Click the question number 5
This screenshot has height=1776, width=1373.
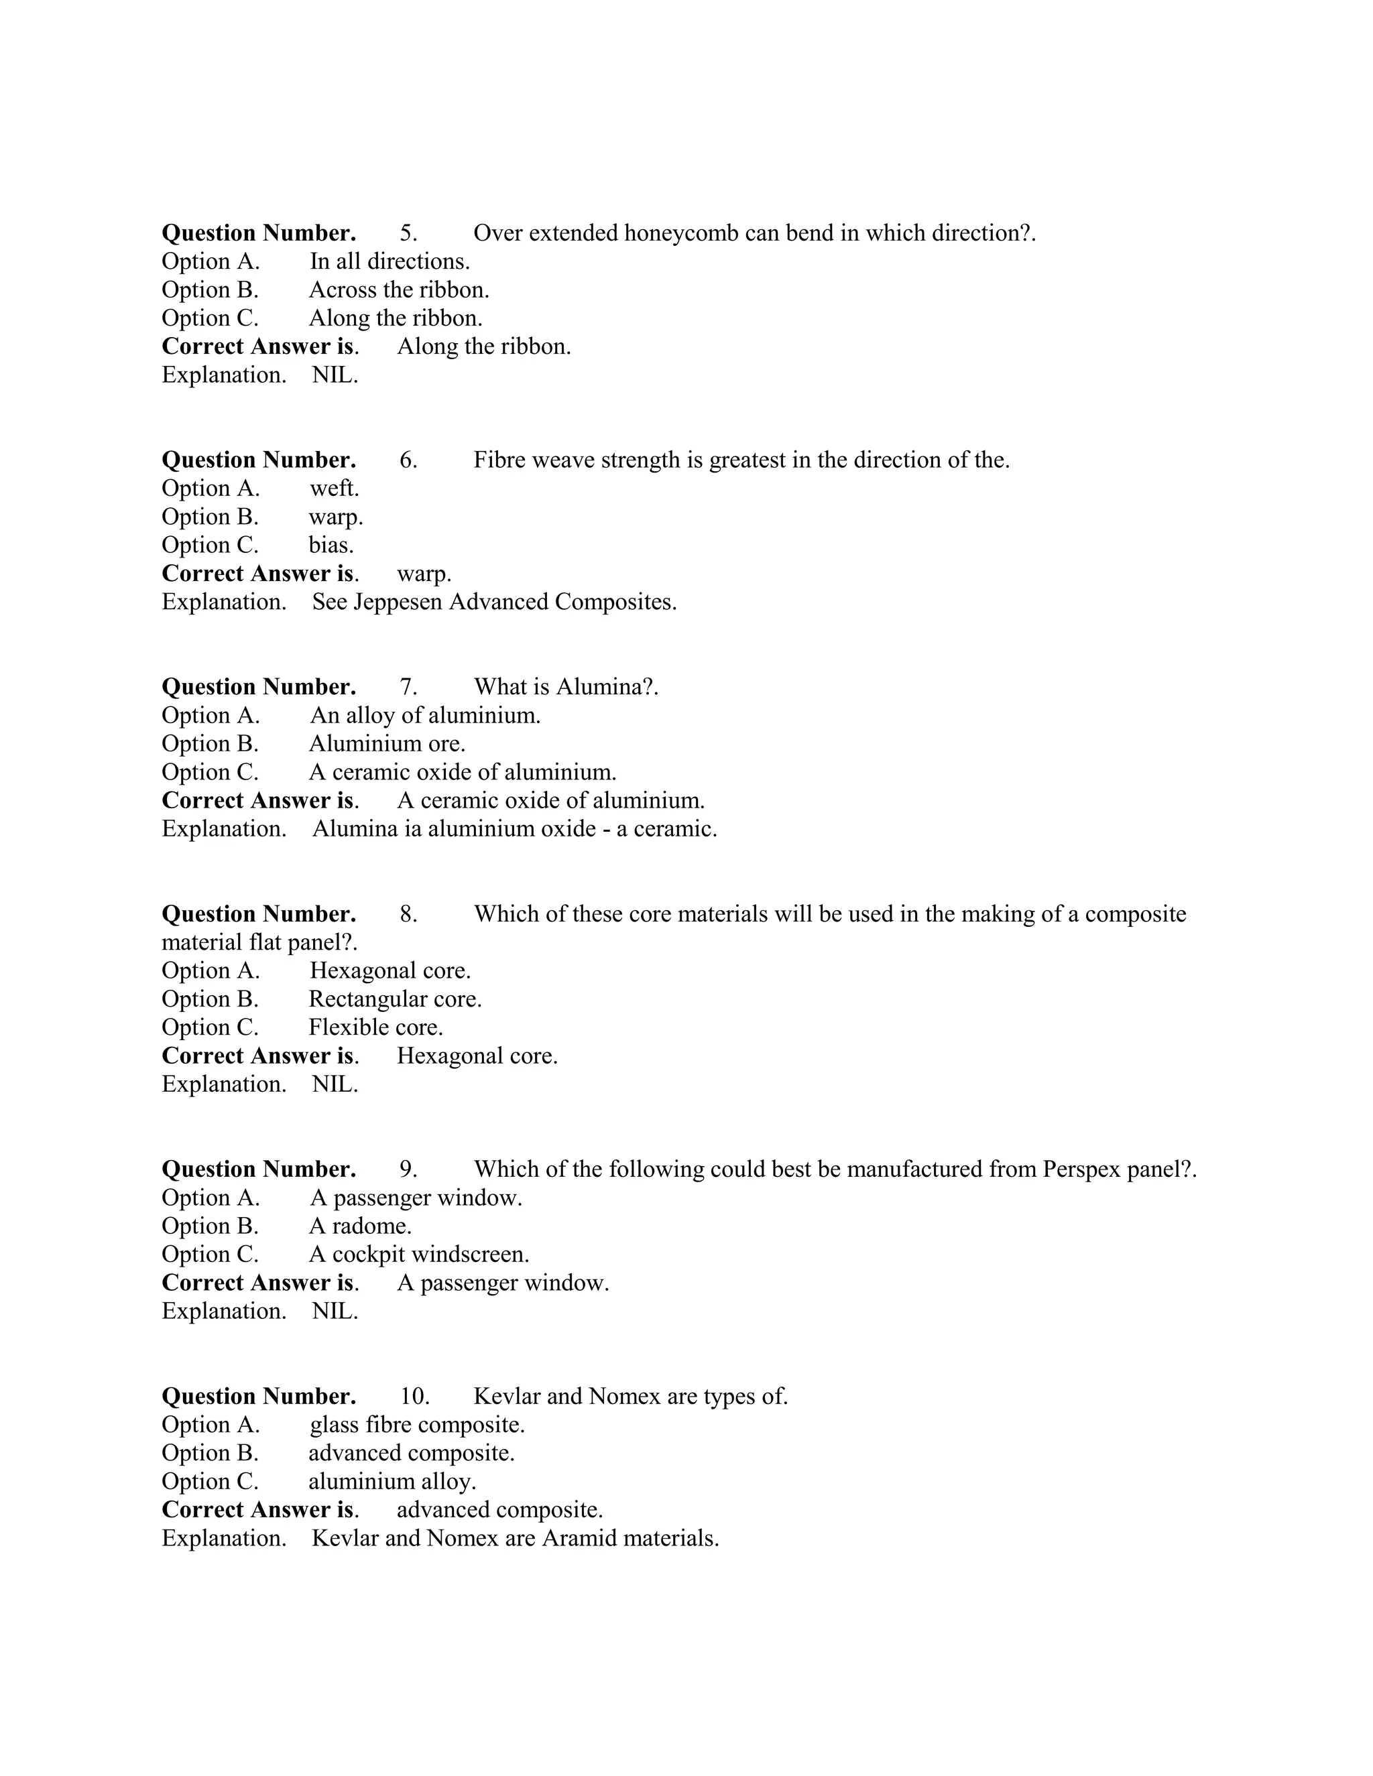coord(408,233)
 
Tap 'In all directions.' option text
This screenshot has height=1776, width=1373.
coord(390,262)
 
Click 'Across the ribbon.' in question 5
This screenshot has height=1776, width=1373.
coord(399,290)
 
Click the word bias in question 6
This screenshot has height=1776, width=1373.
coord(331,546)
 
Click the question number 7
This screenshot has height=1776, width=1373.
coord(408,687)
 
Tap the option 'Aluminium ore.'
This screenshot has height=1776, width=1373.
coord(386,744)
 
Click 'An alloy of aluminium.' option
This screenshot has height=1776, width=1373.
coord(424,716)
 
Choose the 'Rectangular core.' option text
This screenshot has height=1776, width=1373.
coord(394,999)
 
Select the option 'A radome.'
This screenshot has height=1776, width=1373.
coord(359,1226)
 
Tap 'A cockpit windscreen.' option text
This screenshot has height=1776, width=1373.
coord(418,1255)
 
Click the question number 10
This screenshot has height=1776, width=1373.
coord(414,1396)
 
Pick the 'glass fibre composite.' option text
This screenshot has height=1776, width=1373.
coord(416,1425)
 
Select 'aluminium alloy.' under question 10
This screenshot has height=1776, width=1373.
coord(392,1482)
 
